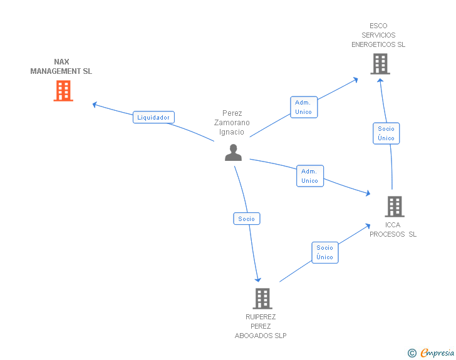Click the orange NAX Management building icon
(x=63, y=91)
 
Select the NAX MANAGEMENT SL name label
(x=61, y=66)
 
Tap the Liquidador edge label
(x=153, y=117)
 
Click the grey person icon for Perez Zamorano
(x=233, y=152)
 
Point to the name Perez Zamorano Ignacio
(x=232, y=123)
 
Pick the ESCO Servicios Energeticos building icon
(x=380, y=64)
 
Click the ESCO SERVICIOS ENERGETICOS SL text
(x=378, y=35)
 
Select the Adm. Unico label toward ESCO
(x=304, y=106)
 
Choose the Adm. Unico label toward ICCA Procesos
(x=309, y=176)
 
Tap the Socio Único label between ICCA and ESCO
(x=386, y=133)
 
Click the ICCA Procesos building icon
(x=394, y=206)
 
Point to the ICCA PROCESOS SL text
(x=393, y=230)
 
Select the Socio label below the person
(x=247, y=219)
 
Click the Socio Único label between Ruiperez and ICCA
(x=324, y=252)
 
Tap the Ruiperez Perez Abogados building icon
(x=262, y=299)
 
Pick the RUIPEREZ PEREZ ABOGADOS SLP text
(x=261, y=326)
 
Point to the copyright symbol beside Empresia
(x=412, y=353)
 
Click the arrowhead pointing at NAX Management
(x=95, y=104)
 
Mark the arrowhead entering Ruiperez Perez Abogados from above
(x=257, y=280)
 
